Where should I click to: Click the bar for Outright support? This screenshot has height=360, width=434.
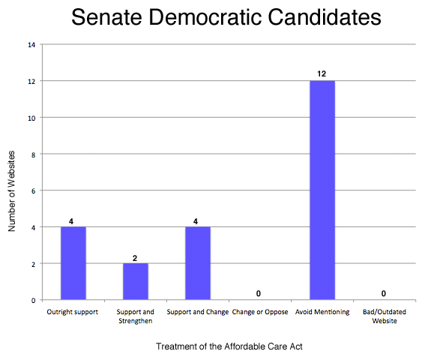click(x=73, y=262)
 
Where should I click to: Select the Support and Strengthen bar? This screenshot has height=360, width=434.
click(x=136, y=281)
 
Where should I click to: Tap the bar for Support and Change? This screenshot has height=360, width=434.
click(x=198, y=262)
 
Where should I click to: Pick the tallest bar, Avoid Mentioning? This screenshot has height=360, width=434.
click(x=323, y=190)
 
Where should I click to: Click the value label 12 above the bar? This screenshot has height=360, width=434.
click(x=323, y=74)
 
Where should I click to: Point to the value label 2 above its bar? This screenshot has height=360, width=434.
click(x=136, y=257)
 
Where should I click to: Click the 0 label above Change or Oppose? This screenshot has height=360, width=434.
click(x=260, y=294)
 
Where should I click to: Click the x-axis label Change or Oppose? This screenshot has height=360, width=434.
click(x=260, y=311)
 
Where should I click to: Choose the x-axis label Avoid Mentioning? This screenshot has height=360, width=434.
click(x=323, y=311)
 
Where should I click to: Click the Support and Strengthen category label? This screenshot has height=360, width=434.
click(x=136, y=316)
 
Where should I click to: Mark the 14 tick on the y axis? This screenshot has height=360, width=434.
click(x=31, y=44)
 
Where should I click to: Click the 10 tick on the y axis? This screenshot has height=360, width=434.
click(x=31, y=118)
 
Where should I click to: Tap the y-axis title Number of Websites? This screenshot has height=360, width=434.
click(x=12, y=191)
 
